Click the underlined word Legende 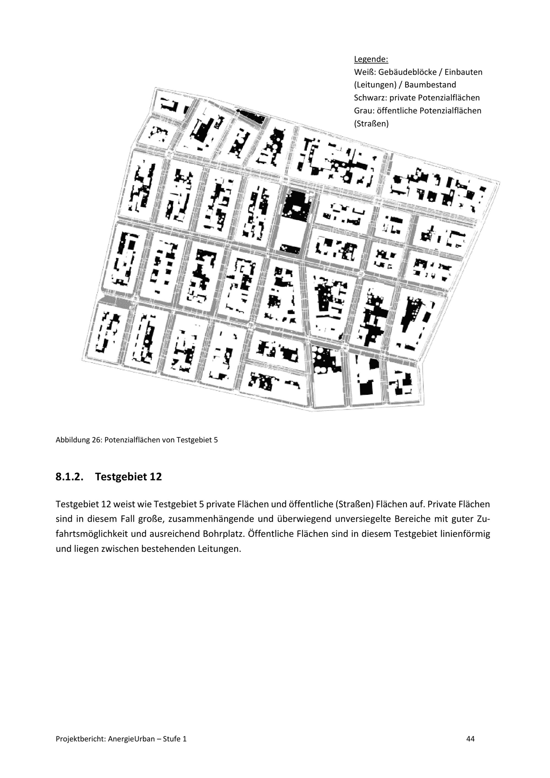pos(371,59)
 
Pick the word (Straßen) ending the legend pos(371,124)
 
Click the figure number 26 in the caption pos(97,440)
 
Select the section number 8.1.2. pos(69,477)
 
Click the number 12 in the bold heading pos(156,477)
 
